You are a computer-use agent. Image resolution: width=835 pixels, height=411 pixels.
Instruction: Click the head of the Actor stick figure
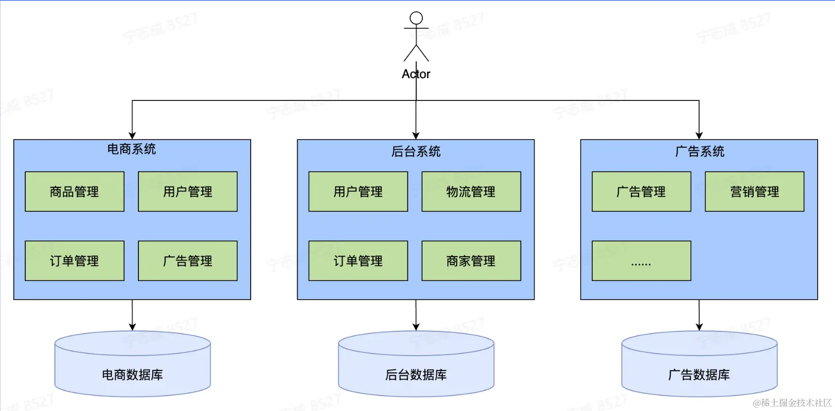click(x=416, y=18)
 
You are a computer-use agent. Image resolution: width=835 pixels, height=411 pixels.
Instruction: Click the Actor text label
click(x=416, y=74)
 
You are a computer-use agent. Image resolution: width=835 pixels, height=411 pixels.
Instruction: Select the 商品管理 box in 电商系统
click(x=75, y=191)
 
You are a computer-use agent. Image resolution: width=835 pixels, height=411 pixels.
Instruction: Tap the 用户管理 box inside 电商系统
click(x=188, y=191)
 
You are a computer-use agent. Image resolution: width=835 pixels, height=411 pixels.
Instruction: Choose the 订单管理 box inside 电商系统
click(x=75, y=261)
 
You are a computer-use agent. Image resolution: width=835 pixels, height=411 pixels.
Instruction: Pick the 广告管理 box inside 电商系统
click(x=188, y=261)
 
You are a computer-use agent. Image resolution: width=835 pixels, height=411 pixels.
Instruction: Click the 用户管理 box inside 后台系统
click(x=358, y=191)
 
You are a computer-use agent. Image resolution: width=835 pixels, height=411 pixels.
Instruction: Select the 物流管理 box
click(x=471, y=191)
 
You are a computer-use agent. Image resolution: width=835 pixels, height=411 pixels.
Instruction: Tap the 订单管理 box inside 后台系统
click(x=358, y=261)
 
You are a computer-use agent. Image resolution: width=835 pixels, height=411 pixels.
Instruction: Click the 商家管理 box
click(x=471, y=261)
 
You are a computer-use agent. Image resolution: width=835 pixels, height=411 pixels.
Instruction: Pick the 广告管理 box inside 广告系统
click(x=641, y=191)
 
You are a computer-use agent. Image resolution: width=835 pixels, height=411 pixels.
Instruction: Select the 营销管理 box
click(x=754, y=191)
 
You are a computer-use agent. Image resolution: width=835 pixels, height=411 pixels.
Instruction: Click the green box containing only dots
click(x=641, y=261)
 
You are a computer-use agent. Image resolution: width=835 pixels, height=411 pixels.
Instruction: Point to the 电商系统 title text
click(x=132, y=149)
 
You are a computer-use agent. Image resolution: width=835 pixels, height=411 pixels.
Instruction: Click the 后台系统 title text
click(x=416, y=151)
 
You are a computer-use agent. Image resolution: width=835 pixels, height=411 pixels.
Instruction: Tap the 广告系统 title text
click(x=700, y=151)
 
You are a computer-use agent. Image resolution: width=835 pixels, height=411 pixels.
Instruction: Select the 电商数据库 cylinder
click(x=132, y=368)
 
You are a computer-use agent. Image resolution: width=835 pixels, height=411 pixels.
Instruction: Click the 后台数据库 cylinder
click(x=416, y=368)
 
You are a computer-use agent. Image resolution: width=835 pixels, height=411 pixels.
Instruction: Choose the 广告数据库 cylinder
click(x=699, y=368)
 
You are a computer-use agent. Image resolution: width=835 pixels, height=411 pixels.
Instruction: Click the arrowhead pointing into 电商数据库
click(x=132, y=326)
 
